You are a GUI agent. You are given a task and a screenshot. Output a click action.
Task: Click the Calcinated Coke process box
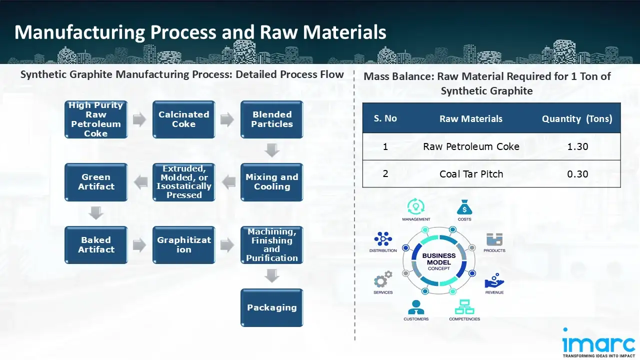point(183,119)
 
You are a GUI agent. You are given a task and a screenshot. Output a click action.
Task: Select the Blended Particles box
point(271,119)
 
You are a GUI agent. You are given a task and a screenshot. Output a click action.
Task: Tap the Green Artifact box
point(96,182)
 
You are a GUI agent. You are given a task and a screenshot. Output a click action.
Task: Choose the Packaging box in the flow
point(271,307)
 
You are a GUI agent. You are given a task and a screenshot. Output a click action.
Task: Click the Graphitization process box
point(183,244)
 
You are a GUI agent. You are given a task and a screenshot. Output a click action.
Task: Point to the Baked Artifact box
point(96,244)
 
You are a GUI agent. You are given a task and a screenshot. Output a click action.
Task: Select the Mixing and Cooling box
point(271,182)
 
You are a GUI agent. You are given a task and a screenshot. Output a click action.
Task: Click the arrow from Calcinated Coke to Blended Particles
point(227,119)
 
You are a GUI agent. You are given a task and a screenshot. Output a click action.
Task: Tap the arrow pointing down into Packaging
point(271,275)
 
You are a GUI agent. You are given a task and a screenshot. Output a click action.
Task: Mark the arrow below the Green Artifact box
point(96,213)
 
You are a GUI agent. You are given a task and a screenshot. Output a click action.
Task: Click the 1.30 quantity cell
point(577,147)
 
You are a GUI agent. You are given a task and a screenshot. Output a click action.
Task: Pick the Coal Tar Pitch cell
point(471,174)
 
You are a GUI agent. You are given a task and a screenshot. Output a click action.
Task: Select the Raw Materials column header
point(471,118)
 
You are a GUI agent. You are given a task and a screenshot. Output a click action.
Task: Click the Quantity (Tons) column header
point(577,118)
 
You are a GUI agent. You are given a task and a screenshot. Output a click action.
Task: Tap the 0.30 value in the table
point(577,174)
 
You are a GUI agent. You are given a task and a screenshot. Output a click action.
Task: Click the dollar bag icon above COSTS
point(464,206)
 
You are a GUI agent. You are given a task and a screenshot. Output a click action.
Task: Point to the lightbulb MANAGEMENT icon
point(415,206)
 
